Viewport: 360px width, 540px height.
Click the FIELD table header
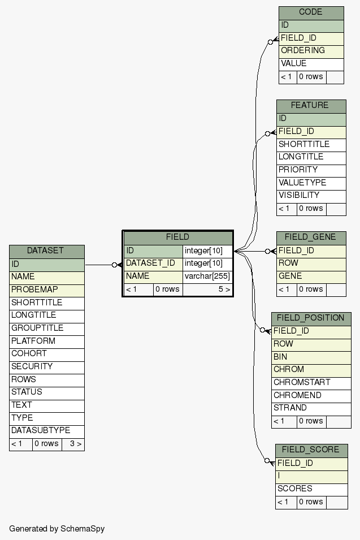point(177,237)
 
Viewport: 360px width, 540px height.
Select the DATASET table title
point(46,251)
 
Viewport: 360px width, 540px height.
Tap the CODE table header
point(311,12)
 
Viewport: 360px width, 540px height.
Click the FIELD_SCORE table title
point(311,450)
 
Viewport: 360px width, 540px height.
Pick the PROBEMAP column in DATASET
point(46,290)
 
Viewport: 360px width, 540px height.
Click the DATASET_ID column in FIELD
point(153,263)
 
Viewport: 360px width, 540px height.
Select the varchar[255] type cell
point(207,277)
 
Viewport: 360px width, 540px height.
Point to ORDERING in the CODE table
point(311,51)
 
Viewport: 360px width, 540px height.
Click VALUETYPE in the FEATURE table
point(311,183)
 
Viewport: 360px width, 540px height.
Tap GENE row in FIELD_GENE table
point(311,277)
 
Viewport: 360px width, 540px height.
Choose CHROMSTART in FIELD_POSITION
point(311,383)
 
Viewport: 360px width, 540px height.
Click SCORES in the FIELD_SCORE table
point(311,489)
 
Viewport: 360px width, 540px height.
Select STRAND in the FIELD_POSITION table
point(311,408)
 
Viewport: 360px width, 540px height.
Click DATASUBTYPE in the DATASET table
point(46,431)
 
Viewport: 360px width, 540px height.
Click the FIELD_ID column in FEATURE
point(311,132)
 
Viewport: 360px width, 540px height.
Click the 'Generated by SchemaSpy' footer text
point(57,529)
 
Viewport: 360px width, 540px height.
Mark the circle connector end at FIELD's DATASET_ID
point(114,265)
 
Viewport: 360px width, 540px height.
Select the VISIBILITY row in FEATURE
point(311,196)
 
